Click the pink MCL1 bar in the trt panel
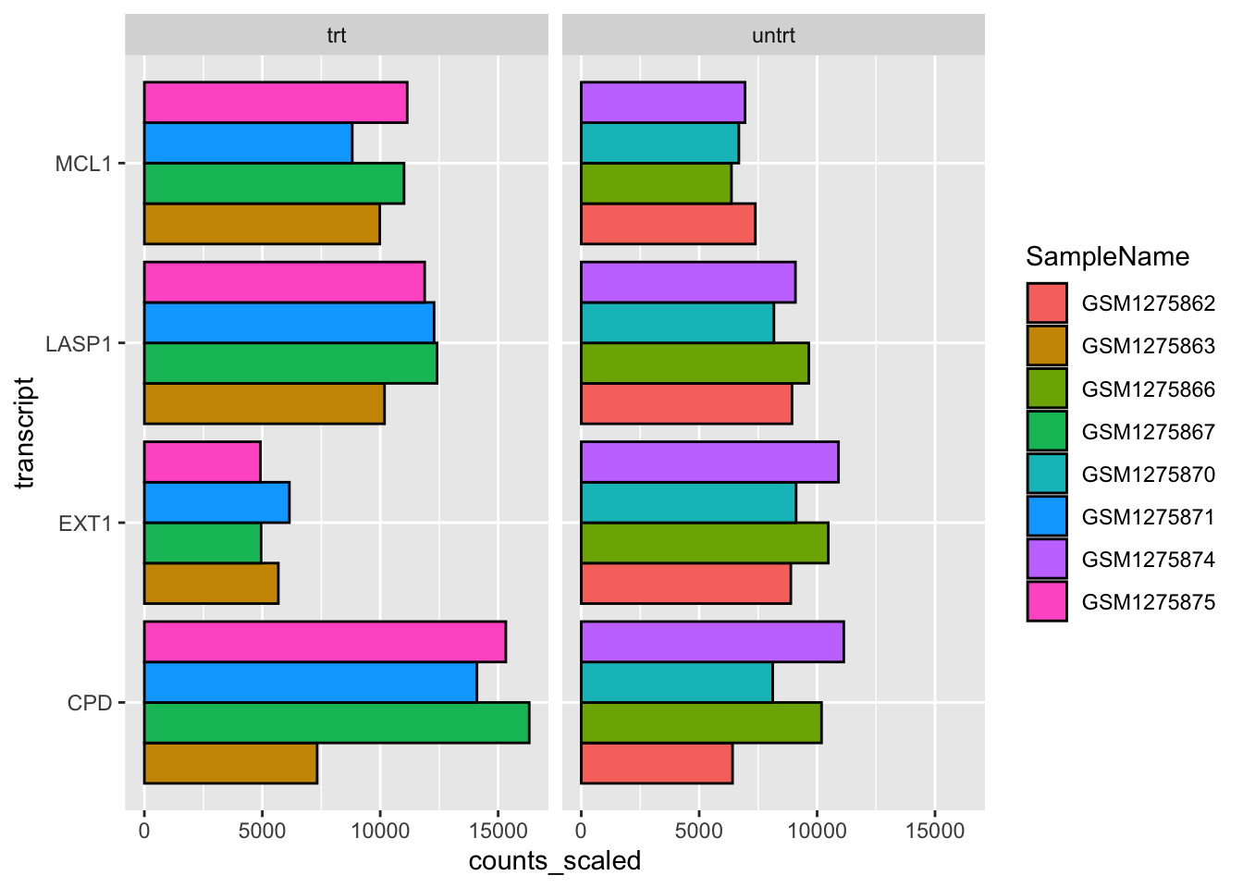(x=276, y=103)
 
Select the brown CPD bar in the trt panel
(x=230, y=763)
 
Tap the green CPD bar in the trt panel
(x=337, y=722)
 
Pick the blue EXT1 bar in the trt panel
(x=216, y=502)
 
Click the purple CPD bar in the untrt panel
(x=712, y=642)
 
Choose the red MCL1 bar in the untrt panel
(x=668, y=224)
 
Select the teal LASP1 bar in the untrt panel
(x=677, y=323)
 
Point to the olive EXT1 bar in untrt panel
(x=705, y=543)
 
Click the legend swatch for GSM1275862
(x=1046, y=302)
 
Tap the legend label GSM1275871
(x=1148, y=517)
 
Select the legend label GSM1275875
(x=1148, y=602)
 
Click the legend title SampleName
(x=1107, y=256)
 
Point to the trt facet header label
(x=337, y=36)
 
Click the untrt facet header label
(x=773, y=36)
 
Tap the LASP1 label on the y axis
(x=79, y=344)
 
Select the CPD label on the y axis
(x=90, y=703)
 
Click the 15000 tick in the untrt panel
(x=934, y=831)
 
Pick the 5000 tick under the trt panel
(x=262, y=831)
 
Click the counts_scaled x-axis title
(x=555, y=861)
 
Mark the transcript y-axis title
(x=25, y=433)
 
